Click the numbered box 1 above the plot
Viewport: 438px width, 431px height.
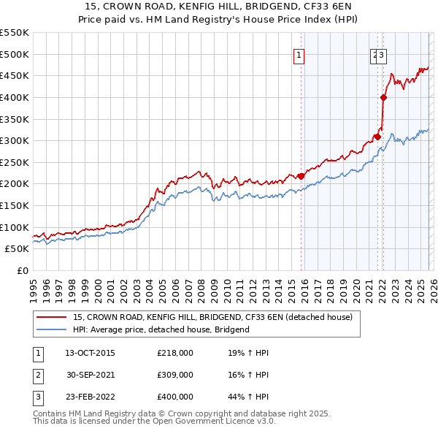point(300,53)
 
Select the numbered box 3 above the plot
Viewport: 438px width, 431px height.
point(382,53)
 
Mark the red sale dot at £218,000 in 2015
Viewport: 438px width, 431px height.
point(301,176)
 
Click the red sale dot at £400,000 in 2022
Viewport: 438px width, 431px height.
point(383,97)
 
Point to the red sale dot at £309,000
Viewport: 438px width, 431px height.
point(377,137)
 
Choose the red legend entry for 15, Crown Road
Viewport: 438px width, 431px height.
point(212,317)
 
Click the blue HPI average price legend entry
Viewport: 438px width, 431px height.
point(161,329)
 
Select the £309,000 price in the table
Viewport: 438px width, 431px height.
point(175,375)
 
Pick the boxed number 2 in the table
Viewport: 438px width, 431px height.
point(38,375)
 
